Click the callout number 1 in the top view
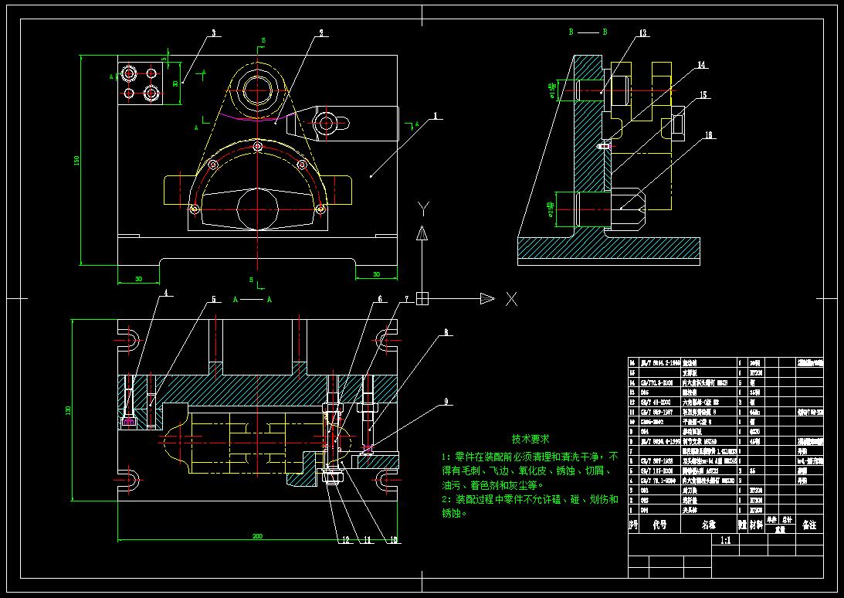436,117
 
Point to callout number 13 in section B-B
642,33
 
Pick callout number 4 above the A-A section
164,294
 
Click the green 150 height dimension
76,160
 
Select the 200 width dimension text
256,535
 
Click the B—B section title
588,32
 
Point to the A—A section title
253,297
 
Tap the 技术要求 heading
530,438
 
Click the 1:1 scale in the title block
725,542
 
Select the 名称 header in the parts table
708,525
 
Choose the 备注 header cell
808,525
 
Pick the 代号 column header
659,525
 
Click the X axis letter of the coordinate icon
510,299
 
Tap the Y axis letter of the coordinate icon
422,208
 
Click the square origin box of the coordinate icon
422,299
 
